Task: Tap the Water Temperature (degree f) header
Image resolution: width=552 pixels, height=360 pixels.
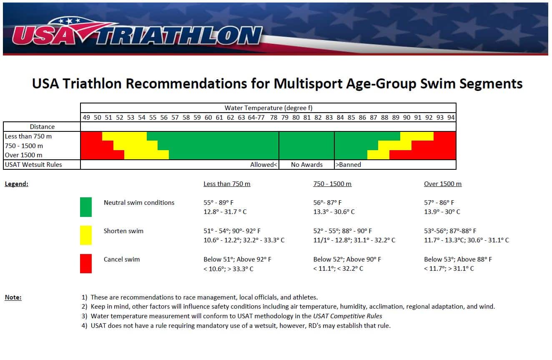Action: pyautogui.click(x=268, y=108)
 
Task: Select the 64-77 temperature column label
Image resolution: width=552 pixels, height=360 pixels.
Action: pyautogui.click(x=256, y=118)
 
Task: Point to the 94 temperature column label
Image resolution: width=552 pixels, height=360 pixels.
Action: pyautogui.click(x=451, y=118)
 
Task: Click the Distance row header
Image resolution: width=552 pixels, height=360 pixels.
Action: pyautogui.click(x=42, y=127)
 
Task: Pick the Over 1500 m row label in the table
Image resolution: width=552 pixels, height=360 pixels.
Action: pyautogui.click(x=23, y=155)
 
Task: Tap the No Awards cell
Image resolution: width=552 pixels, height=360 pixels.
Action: pyautogui.click(x=306, y=165)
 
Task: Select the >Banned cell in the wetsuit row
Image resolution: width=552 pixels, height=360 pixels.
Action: pyautogui.click(x=348, y=165)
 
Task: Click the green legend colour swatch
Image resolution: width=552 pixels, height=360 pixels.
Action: pyautogui.click(x=86, y=207)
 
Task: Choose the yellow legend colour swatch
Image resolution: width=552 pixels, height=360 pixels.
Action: pyautogui.click(x=86, y=235)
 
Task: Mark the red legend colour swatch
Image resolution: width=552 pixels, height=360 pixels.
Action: pyautogui.click(x=86, y=264)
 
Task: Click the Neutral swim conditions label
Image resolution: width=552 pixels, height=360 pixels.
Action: pyautogui.click(x=139, y=203)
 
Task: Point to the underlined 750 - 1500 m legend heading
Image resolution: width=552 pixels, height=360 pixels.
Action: pyautogui.click(x=332, y=184)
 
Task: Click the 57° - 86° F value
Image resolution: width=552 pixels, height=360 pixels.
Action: pyautogui.click(x=439, y=203)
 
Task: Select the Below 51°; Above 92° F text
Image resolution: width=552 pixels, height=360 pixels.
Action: pyautogui.click(x=237, y=259)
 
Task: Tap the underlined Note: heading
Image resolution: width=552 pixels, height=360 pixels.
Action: pyautogui.click(x=13, y=297)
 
